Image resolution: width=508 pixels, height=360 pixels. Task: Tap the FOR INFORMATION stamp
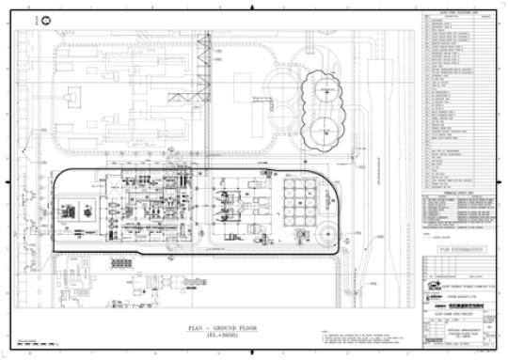pos(454,250)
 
